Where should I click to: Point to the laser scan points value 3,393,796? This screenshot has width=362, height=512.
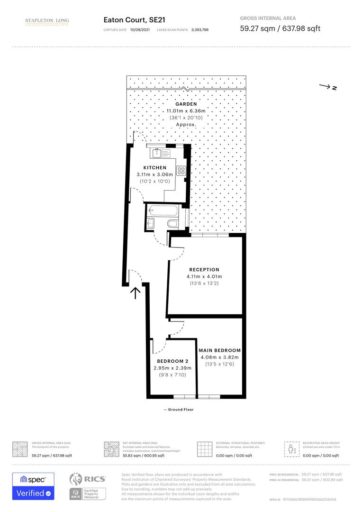point(199,29)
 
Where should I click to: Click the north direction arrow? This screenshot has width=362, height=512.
point(327,87)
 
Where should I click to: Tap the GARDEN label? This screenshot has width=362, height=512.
point(186,104)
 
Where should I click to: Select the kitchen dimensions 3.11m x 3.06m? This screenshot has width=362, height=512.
point(154,174)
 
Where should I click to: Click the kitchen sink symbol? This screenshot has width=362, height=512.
point(159,153)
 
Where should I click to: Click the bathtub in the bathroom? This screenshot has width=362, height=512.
point(164,210)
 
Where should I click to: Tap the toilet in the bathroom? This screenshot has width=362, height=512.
point(172,223)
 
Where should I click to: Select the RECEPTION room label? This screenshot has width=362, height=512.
point(204,270)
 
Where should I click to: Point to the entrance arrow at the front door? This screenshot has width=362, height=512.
point(136,293)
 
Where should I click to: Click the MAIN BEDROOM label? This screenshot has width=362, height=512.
point(220,350)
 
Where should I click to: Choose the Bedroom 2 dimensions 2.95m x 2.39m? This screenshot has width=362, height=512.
point(172,368)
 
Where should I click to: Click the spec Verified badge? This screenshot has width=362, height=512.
point(33,486)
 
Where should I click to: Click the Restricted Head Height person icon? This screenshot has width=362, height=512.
point(290,449)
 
